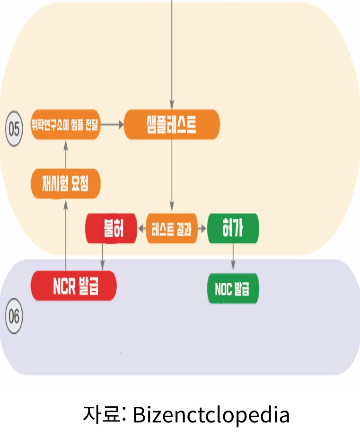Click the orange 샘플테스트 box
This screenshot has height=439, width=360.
coord(172,125)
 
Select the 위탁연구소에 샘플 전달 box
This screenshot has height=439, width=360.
coord(65,125)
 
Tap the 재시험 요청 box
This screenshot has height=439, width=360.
coord(65,183)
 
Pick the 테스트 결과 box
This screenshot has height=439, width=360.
coord(172,229)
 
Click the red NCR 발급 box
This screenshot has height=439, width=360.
coord(73,286)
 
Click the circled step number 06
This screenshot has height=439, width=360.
coord(14,316)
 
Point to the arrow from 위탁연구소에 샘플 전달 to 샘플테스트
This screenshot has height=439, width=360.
coord(112,125)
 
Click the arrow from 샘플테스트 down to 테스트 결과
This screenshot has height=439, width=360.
coord(172,175)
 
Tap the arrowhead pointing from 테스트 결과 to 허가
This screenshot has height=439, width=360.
coord(203,229)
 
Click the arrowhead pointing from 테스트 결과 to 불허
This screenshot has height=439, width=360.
coord(141,229)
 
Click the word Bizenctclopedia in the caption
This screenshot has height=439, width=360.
coord(211,415)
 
